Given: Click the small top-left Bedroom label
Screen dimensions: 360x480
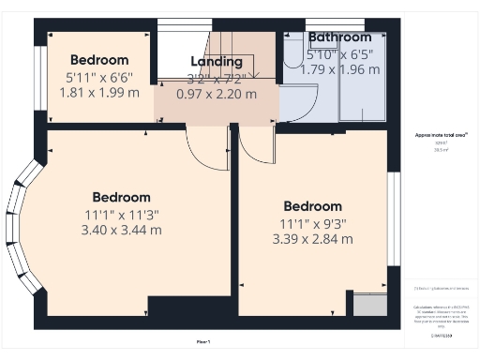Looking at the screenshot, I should (x=98, y=60).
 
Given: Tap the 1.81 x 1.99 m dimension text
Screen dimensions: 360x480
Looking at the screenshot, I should (x=98, y=93).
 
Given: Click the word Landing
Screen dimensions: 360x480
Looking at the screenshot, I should (x=217, y=62).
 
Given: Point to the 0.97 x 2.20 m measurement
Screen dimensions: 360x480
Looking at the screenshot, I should (x=217, y=94).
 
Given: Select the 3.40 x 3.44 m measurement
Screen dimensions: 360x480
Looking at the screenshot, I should (x=121, y=229).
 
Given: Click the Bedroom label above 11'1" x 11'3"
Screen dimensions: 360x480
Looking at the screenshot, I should (x=121, y=197).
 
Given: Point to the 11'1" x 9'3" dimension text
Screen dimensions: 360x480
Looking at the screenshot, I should (x=312, y=223).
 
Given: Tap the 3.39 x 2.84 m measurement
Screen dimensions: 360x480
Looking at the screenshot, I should (x=312, y=239).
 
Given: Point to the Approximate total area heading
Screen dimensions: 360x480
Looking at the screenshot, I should (x=442, y=135).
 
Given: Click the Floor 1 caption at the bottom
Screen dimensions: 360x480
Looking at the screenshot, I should (x=203, y=340).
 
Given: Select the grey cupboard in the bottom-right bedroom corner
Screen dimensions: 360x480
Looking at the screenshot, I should (x=363, y=304).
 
